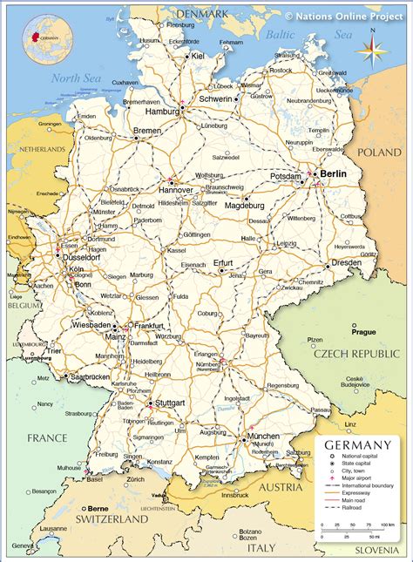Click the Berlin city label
(334, 174)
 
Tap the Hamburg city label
(161, 112)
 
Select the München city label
(263, 436)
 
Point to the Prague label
(363, 331)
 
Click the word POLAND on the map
(379, 152)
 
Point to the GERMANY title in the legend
(358, 444)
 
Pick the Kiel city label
(198, 56)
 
